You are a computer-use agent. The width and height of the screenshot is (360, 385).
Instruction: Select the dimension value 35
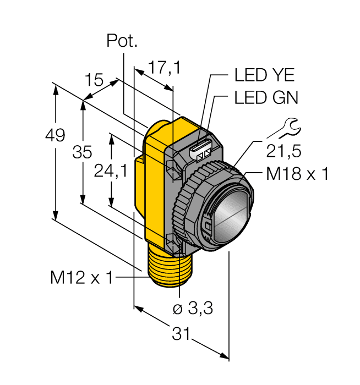click(x=82, y=152)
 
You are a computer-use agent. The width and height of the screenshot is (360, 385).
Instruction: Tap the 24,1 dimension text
click(x=111, y=172)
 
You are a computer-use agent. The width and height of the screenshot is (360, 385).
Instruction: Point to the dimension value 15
click(x=94, y=80)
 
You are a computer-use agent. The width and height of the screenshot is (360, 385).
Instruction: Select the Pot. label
click(x=121, y=41)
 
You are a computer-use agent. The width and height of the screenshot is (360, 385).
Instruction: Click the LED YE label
click(x=264, y=75)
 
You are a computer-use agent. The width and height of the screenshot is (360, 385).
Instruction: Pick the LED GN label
click(x=266, y=98)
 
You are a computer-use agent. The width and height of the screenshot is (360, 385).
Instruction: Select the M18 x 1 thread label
click(x=297, y=174)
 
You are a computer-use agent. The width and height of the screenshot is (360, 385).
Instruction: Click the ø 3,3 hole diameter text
click(x=193, y=309)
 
